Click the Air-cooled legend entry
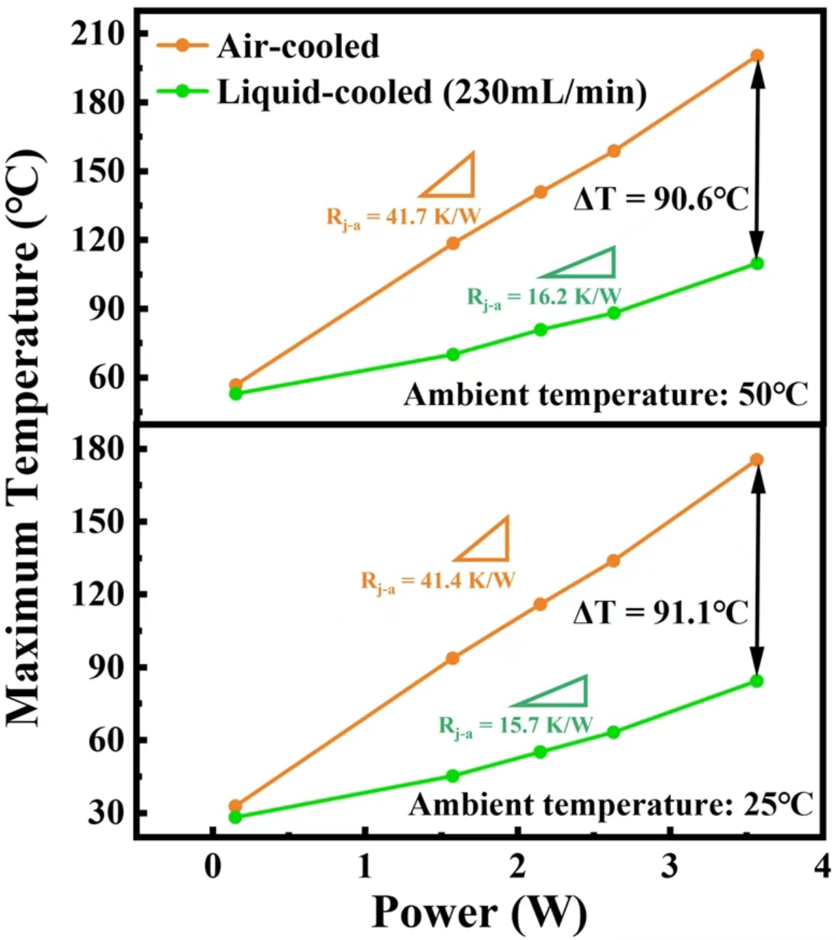[x=297, y=47]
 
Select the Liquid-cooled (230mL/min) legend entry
[x=432, y=92]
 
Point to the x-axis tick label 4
[x=822, y=867]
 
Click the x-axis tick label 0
[x=213, y=867]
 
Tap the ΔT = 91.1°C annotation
[x=661, y=613]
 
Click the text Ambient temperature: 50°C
[x=606, y=395]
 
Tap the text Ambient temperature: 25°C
[x=611, y=804]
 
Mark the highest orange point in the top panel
[x=757, y=55]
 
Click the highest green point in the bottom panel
[x=757, y=681]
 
